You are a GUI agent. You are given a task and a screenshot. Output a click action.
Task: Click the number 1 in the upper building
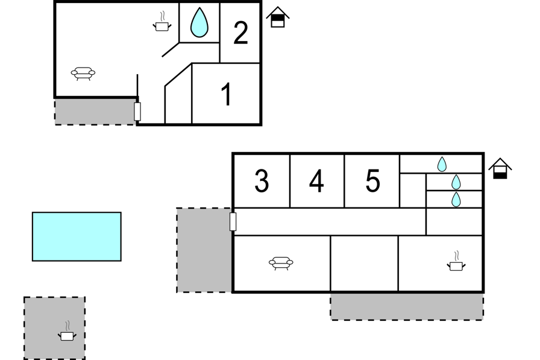tap(227, 95)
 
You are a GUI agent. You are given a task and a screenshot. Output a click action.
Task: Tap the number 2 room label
tap(240, 33)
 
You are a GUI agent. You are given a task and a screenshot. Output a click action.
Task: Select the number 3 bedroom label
tap(262, 181)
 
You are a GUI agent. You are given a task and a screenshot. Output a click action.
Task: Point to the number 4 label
tap(316, 181)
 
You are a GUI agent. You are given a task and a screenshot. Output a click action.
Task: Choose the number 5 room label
tap(373, 181)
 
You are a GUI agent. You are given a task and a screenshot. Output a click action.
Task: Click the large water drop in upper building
tap(199, 23)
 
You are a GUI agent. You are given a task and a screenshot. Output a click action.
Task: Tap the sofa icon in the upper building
tap(83, 74)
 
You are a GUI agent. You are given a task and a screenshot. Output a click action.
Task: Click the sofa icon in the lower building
tap(281, 262)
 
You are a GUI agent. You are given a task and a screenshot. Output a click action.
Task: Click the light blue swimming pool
tap(77, 236)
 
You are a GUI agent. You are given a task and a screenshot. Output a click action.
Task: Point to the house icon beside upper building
tap(277, 17)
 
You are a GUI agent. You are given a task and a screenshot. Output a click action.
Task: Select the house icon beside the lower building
tap(500, 168)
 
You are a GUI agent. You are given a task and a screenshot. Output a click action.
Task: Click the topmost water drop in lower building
tap(442, 164)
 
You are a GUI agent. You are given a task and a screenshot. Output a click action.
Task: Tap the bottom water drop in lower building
tap(456, 200)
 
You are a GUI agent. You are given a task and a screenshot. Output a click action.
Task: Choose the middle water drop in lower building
tap(456, 182)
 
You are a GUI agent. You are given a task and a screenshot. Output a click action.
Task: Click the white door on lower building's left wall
tap(233, 221)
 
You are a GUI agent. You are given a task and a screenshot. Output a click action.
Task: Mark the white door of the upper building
tap(137, 111)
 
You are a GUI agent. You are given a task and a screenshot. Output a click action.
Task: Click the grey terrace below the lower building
tap(406, 306)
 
